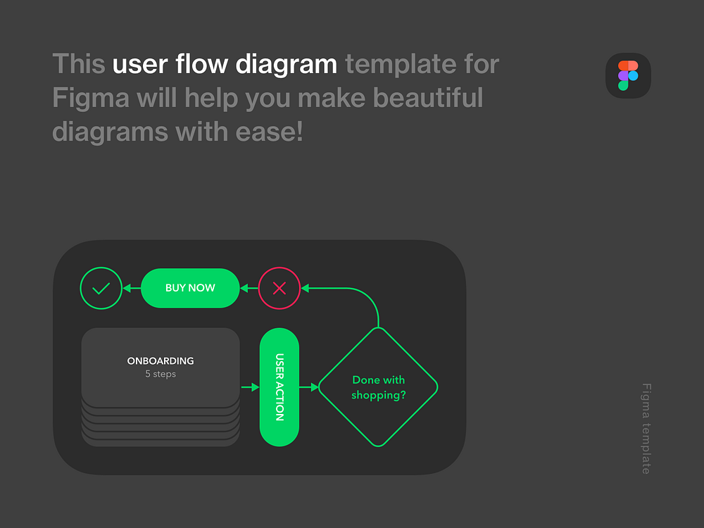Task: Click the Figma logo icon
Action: (628, 75)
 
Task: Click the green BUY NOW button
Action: (190, 288)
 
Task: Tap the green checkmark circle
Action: (101, 288)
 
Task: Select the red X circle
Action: (279, 288)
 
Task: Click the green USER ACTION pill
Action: (279, 387)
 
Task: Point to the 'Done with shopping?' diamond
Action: (378, 387)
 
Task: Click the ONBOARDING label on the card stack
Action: (161, 361)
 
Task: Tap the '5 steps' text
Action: (161, 374)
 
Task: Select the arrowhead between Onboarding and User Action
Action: (255, 387)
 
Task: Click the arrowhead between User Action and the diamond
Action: (314, 387)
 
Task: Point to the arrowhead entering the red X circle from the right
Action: (306, 288)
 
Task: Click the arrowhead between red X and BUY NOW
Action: (245, 288)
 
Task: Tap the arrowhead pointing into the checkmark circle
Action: (127, 288)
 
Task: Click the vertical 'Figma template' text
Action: (646, 428)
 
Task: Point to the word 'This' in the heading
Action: (79, 65)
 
